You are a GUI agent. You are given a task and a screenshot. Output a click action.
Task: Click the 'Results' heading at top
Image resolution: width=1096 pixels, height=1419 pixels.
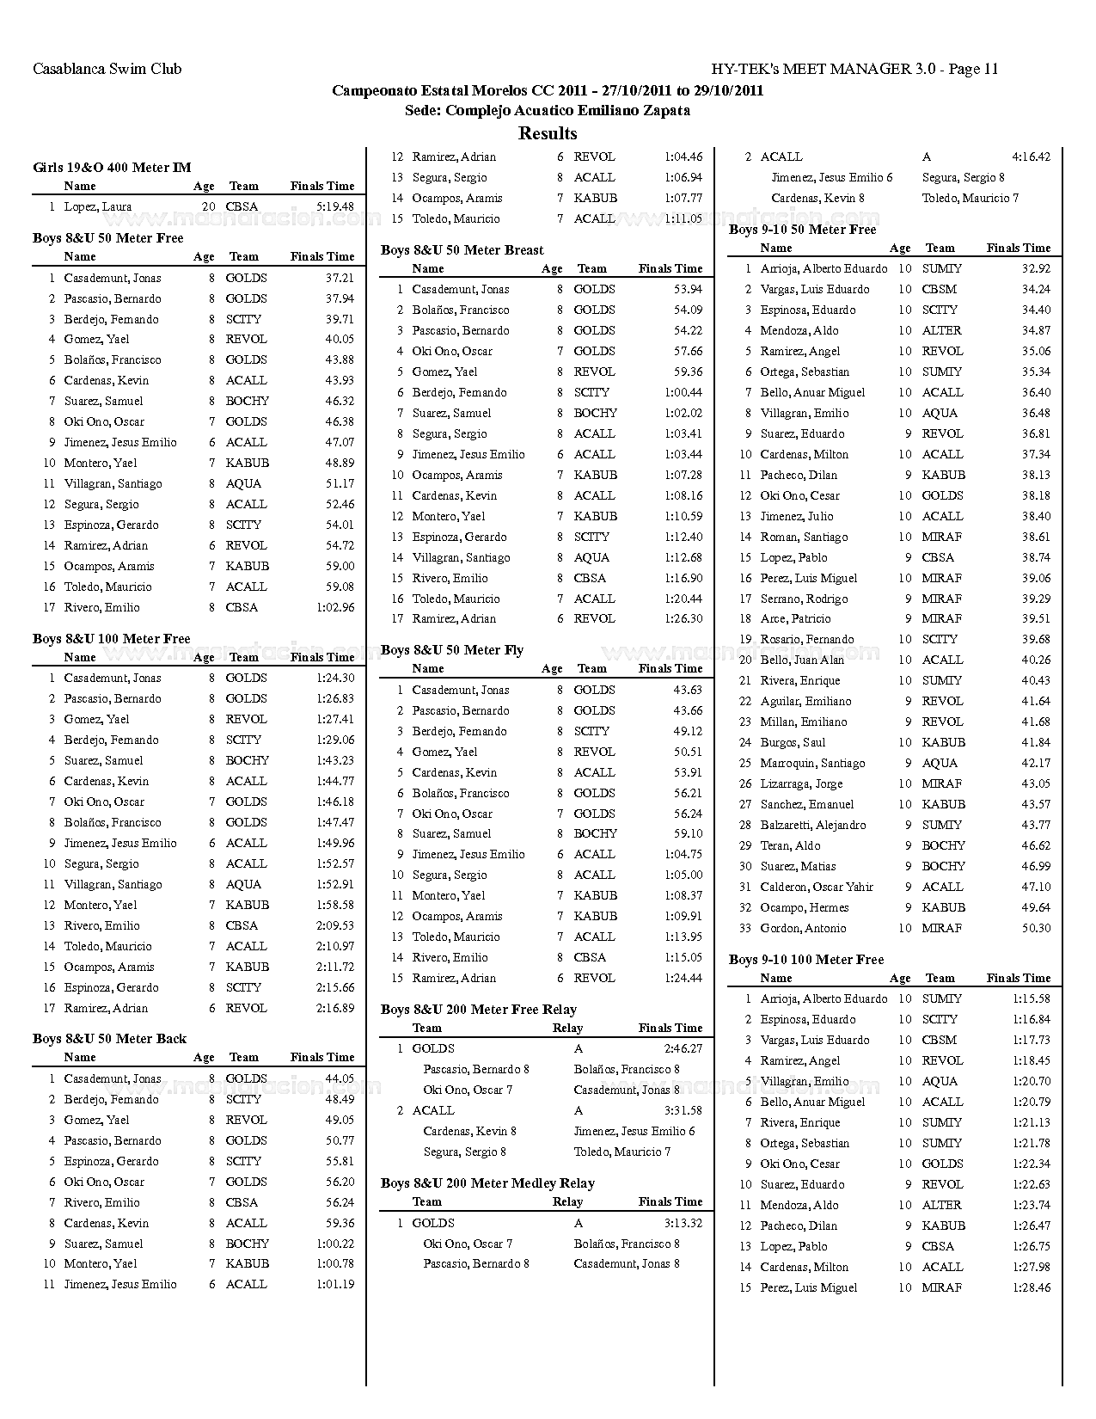click(548, 133)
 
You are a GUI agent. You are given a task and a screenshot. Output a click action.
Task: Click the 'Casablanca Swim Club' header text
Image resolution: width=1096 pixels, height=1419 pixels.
click(107, 69)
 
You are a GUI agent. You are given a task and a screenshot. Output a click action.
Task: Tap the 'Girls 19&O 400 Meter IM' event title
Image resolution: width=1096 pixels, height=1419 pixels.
click(112, 168)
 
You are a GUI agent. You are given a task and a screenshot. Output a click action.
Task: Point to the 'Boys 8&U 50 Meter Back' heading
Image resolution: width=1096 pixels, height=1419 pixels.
click(109, 1039)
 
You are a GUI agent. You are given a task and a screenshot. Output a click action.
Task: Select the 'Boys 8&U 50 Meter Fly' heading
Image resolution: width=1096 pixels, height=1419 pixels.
click(451, 650)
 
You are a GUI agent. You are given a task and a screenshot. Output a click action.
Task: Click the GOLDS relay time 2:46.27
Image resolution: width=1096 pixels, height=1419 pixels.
click(683, 1048)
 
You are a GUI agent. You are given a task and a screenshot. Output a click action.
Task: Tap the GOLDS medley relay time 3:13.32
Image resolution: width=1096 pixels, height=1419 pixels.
click(683, 1223)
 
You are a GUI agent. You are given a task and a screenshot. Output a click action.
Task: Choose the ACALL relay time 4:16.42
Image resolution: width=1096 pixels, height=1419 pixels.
click(1031, 157)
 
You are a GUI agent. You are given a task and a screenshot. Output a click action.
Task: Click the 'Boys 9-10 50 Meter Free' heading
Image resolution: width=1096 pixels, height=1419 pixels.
click(802, 230)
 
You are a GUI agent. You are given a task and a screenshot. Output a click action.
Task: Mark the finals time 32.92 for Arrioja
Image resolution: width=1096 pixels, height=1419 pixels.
click(1036, 268)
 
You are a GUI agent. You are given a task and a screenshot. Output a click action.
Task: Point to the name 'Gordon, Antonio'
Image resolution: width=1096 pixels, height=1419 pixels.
click(803, 928)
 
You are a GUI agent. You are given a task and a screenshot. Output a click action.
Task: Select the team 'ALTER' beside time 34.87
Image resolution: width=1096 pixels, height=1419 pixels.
click(941, 330)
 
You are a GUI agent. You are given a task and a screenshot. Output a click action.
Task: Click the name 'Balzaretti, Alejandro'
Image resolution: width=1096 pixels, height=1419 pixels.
click(813, 825)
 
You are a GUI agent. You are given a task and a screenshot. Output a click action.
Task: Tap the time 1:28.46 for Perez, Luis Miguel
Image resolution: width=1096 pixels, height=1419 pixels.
click(1031, 1287)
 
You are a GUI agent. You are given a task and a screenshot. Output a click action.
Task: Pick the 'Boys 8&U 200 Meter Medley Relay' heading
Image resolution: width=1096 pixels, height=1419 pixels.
click(487, 1183)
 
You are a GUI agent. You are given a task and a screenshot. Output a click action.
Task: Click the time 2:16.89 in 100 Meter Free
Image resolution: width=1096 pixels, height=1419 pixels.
click(335, 1008)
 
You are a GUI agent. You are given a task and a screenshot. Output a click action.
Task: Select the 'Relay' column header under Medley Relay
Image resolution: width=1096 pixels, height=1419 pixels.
click(567, 1202)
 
